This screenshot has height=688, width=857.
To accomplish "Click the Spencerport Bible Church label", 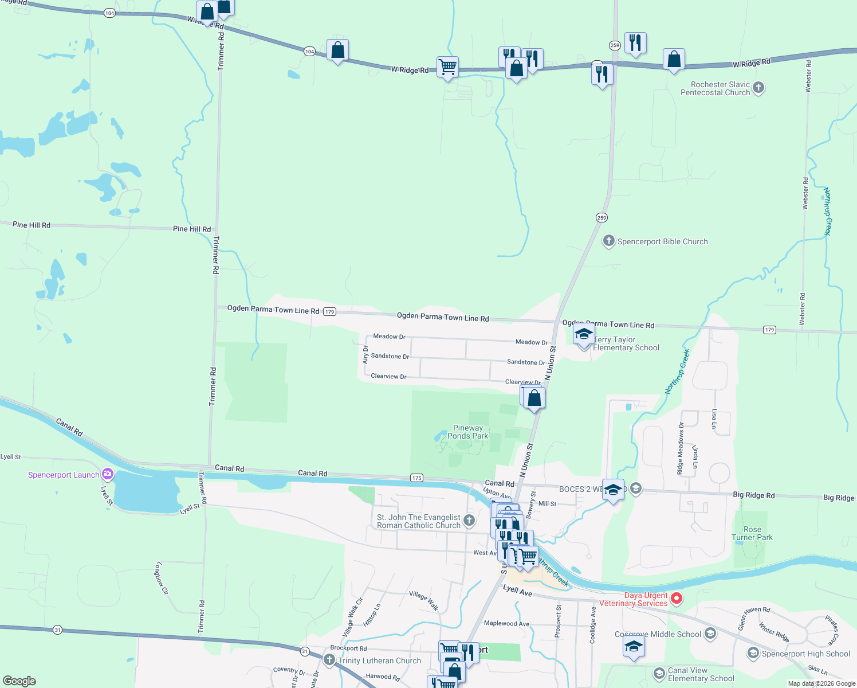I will [662, 242].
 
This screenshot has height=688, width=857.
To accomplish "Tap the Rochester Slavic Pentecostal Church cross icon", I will [758, 88].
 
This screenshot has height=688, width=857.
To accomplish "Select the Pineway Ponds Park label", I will [468, 432].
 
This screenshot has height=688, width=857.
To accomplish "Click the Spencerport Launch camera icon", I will [107, 474].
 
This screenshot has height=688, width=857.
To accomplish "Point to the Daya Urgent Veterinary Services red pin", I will [677, 599].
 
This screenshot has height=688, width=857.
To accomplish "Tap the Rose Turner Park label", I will [752, 533].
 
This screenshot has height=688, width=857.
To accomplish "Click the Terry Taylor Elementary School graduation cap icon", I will [584, 334].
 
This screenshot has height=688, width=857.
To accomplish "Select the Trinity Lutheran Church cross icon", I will [329, 660].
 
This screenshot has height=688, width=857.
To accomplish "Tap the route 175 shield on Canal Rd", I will [416, 478].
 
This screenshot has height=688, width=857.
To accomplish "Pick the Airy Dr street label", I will [365, 355].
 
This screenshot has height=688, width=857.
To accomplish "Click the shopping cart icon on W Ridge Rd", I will [447, 67].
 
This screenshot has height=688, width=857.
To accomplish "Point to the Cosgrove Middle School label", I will [658, 634].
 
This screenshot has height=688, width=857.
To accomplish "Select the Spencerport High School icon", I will [753, 654].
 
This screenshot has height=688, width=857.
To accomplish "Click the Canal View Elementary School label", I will [701, 674].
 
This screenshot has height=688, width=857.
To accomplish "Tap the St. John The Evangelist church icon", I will [469, 521].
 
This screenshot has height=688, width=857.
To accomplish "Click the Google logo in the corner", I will [19, 681].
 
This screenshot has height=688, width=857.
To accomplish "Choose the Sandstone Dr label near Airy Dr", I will [390, 356].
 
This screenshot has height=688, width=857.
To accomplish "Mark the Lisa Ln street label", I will [714, 419].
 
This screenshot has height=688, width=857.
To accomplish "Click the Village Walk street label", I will [424, 600].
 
